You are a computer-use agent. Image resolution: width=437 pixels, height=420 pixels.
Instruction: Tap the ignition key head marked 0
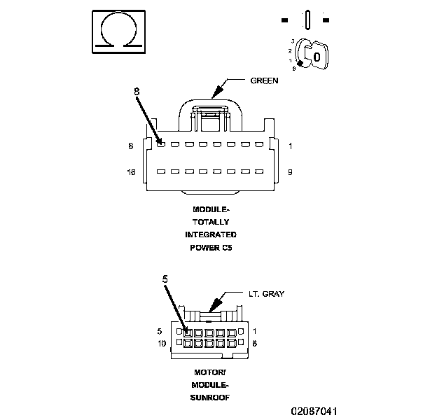[317, 55]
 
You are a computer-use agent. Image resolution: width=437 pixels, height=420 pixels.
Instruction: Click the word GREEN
[264, 80]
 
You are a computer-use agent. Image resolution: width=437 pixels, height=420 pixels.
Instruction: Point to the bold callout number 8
[137, 90]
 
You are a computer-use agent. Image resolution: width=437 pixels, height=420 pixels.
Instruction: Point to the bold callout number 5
[165, 279]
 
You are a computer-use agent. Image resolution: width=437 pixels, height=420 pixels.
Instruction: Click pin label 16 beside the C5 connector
[130, 171]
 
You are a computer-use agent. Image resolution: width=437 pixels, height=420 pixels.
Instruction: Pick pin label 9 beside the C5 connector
[291, 171]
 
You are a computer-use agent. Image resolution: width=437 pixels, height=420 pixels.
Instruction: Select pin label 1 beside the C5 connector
[291, 146]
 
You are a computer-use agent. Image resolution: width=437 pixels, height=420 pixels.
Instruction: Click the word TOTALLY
[211, 222]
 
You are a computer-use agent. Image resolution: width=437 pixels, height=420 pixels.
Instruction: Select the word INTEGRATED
[211, 234]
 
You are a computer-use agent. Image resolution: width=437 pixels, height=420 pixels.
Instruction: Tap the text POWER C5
[211, 247]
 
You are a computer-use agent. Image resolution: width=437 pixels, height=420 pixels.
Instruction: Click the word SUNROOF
[211, 397]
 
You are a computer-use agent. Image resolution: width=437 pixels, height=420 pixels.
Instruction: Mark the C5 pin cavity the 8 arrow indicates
[161, 144]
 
